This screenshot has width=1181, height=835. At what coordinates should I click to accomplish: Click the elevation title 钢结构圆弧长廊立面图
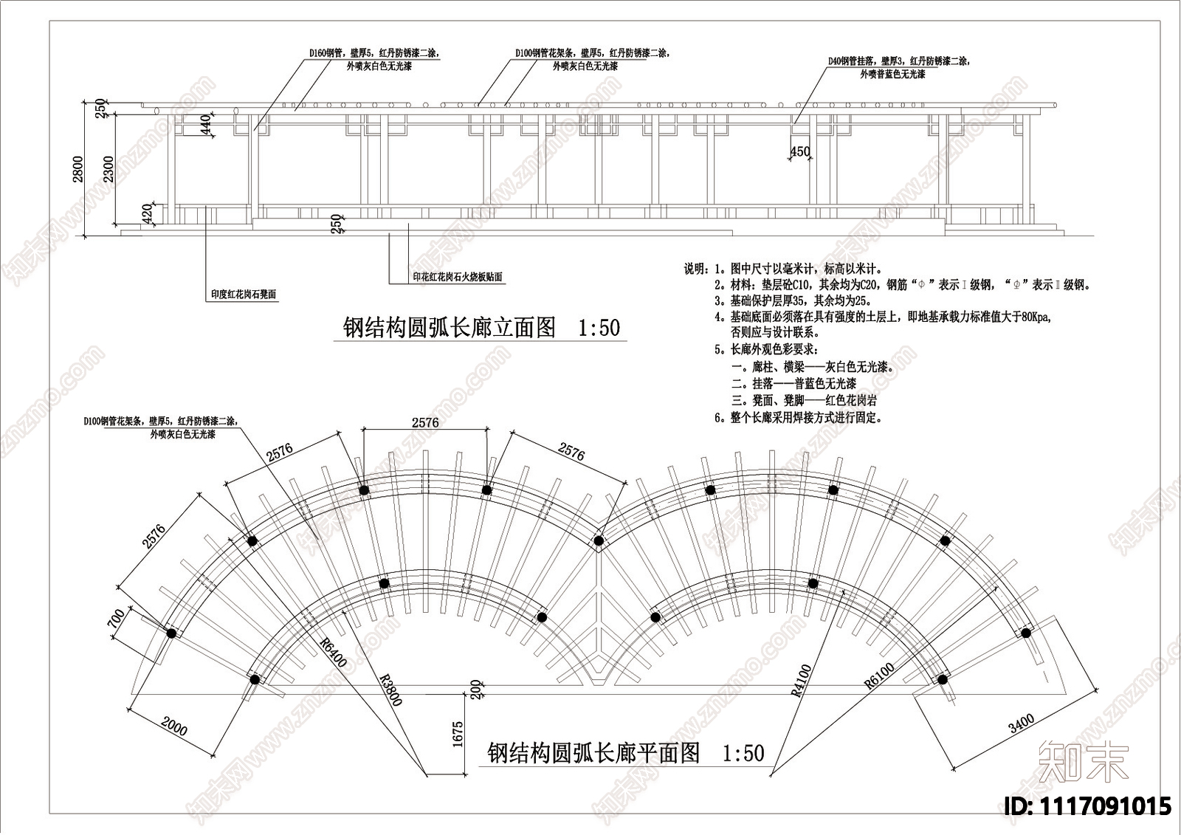pos(450,327)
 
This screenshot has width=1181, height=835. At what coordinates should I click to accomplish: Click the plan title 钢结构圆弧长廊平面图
pos(593,752)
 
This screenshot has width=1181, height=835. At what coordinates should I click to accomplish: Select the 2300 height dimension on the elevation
pos(108,169)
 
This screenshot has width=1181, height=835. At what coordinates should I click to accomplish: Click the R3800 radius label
pos(390,689)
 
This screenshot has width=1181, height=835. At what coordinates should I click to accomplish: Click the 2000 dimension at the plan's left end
pos(174,726)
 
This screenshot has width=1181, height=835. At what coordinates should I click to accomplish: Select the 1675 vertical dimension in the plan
pos(458,735)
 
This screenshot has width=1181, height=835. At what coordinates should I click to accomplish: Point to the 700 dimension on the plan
pos(117,618)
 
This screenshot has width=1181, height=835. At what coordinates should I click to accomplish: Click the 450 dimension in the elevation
pos(800,151)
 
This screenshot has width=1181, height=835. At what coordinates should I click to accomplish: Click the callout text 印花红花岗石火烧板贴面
pos(457,277)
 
